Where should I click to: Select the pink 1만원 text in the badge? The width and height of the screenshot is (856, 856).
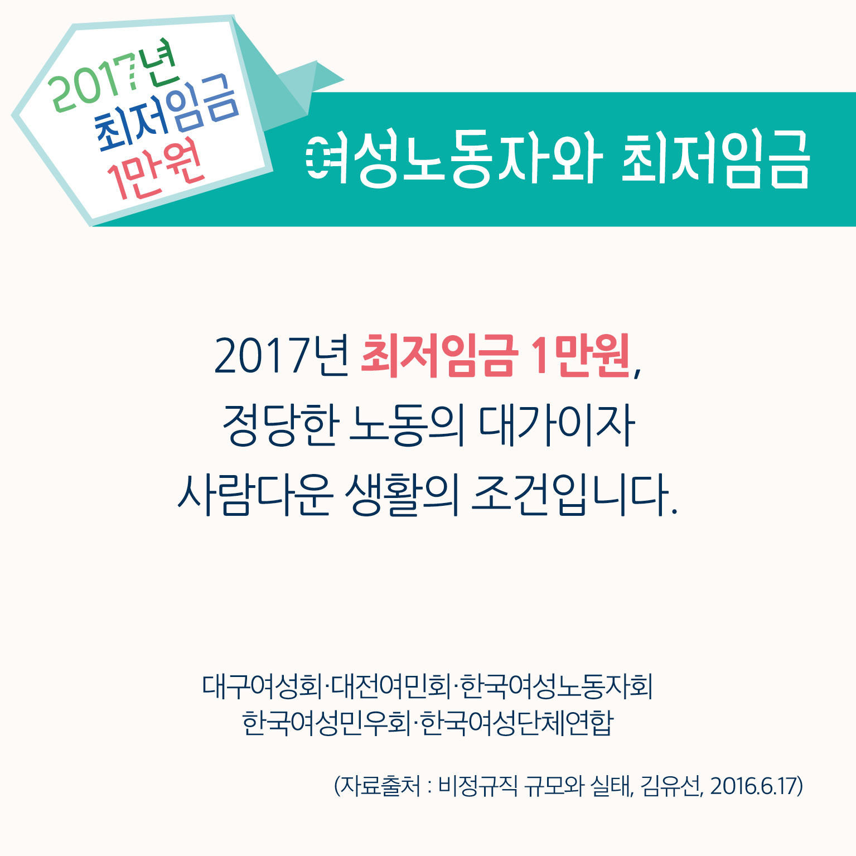pyautogui.click(x=156, y=170)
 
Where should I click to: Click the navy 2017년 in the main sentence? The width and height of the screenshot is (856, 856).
pyautogui.click(x=282, y=355)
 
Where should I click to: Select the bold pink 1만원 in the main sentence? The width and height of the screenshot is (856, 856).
pyautogui.click(x=580, y=355)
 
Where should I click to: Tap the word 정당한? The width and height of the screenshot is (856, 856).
pyautogui.click(x=281, y=425)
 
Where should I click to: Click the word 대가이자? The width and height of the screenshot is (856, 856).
pyautogui.click(x=557, y=425)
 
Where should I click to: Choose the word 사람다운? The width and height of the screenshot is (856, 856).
pyautogui.click(x=255, y=495)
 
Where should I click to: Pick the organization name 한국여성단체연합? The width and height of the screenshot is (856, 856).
pyautogui.click(x=516, y=723)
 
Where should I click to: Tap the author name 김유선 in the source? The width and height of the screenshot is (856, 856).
pyautogui.click(x=671, y=786)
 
